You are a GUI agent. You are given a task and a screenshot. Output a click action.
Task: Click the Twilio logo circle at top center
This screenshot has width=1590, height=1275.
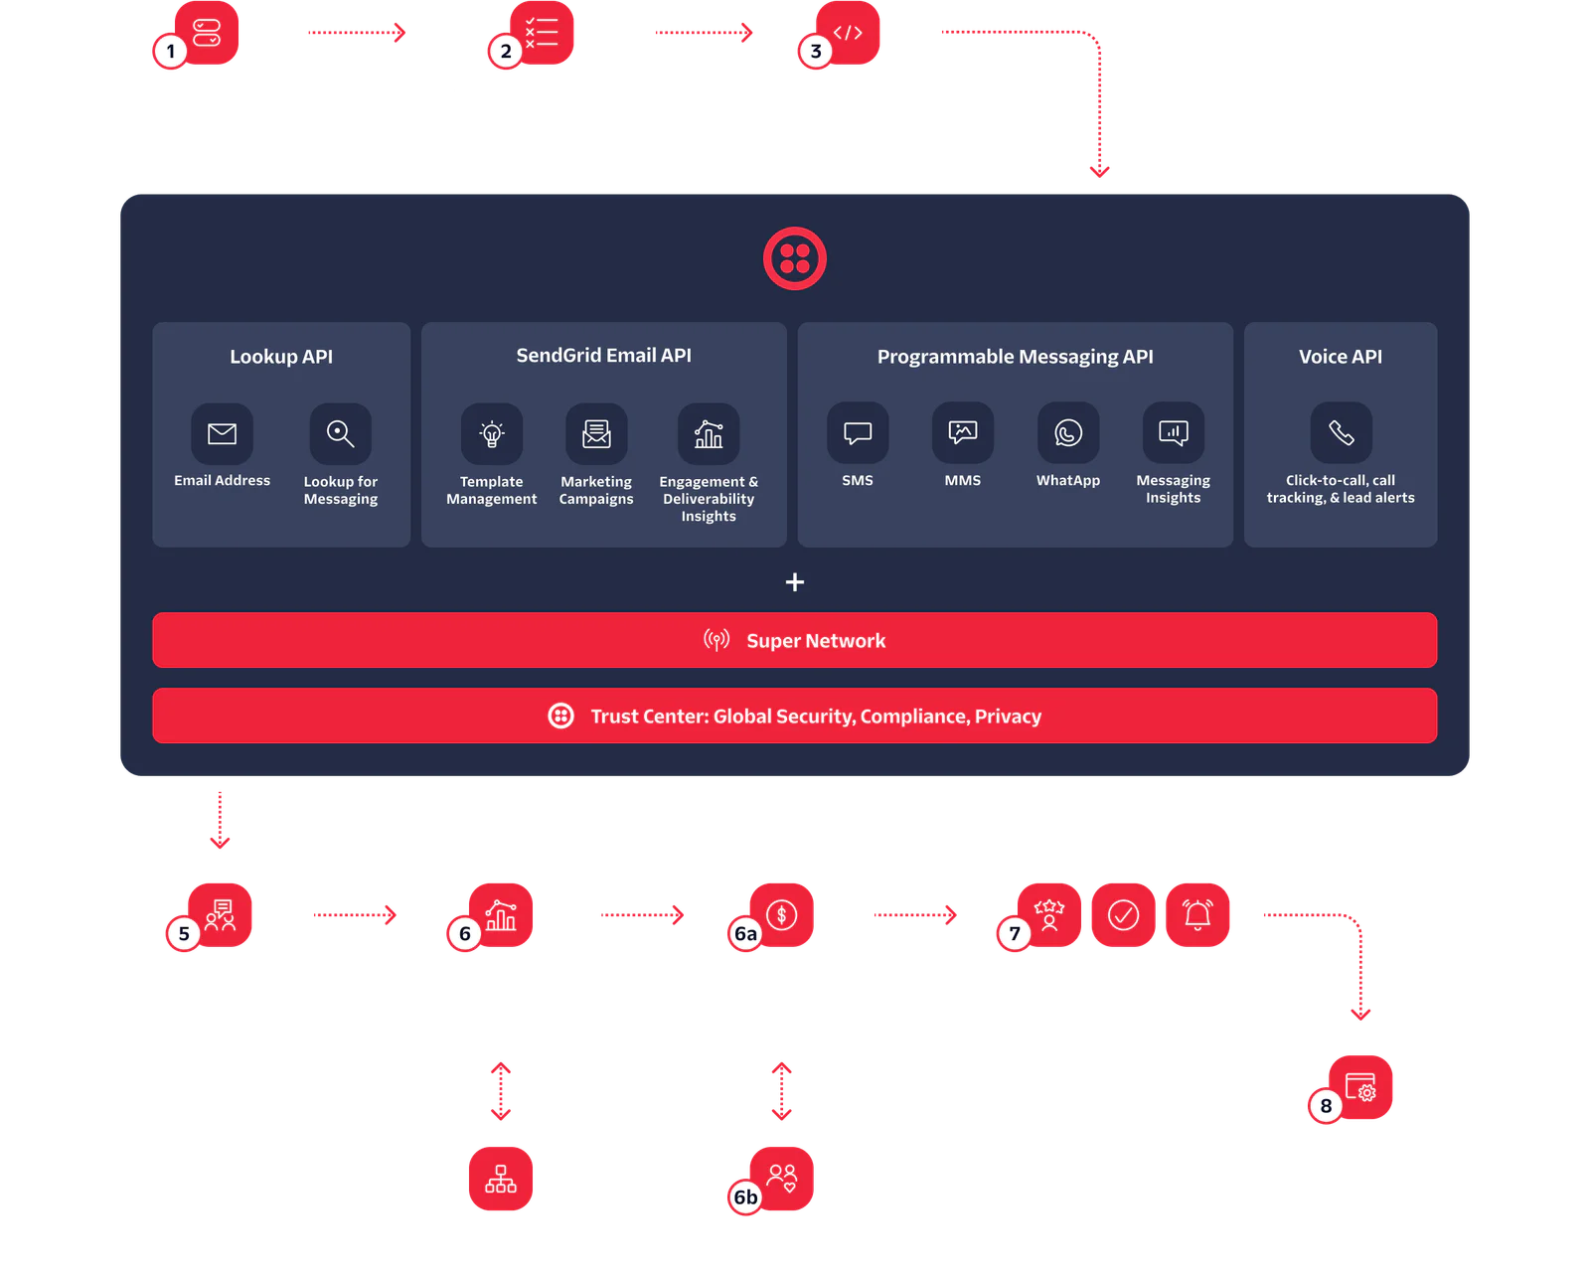coord(794,258)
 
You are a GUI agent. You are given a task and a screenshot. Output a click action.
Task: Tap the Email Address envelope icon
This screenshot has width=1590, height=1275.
coord(222,433)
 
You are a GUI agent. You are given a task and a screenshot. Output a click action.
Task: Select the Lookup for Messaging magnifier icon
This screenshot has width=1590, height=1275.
coord(340,433)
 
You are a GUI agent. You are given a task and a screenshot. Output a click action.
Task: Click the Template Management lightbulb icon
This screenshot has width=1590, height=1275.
coord(492,433)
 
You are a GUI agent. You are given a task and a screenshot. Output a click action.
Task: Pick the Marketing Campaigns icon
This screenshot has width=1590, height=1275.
coord(596,433)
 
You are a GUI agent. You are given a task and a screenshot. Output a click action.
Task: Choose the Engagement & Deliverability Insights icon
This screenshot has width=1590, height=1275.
coord(709,433)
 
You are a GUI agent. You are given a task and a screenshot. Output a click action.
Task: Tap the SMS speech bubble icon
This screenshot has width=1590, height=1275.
coord(858,432)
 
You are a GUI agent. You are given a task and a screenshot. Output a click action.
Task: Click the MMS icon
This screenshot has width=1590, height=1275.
coord(963,432)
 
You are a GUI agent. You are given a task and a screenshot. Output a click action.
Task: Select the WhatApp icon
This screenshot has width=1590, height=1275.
coord(1068,432)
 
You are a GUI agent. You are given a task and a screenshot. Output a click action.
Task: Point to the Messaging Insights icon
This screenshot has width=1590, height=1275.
coord(1174,432)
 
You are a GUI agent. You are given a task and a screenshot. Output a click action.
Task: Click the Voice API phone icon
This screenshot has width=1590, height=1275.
coord(1341,432)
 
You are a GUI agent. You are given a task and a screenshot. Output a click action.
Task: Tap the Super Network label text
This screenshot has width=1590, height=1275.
coord(815,641)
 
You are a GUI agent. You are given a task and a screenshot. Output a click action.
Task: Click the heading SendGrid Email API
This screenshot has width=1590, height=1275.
coord(603,356)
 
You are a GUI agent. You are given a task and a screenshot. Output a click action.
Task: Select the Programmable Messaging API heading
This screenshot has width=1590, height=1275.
coord(1015,357)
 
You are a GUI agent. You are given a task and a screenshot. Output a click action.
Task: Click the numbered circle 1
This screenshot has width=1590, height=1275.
coord(171,51)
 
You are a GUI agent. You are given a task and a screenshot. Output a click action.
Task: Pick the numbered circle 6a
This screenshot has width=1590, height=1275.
coord(745,933)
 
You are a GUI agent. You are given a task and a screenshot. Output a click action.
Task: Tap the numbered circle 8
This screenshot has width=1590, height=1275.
coord(1326,1105)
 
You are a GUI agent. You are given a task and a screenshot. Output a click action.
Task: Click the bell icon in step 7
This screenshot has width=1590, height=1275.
coord(1197,914)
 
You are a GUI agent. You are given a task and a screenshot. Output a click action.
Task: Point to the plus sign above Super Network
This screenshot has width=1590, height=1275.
coord(795,582)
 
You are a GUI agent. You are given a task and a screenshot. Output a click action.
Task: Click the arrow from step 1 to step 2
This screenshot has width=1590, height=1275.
coord(356,33)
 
